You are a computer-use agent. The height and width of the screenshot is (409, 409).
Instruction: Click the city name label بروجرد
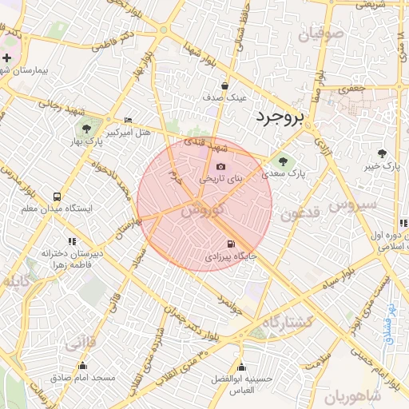[x=280, y=118]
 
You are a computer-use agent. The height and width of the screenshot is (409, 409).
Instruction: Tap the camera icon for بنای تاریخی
[x=220, y=167]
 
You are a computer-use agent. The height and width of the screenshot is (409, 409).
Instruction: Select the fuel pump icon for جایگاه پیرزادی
[x=231, y=245]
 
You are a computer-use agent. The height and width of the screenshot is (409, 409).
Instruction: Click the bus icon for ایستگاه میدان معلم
[x=57, y=197]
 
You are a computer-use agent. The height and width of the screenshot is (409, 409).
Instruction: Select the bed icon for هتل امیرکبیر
[x=129, y=120]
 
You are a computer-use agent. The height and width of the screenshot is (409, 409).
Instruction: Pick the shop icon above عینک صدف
[x=224, y=85]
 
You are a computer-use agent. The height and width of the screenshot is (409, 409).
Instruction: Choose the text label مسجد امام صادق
[x=89, y=376]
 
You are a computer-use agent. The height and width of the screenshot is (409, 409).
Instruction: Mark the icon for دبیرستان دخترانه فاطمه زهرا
[x=72, y=240]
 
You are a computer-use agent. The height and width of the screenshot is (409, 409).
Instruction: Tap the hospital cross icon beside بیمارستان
[x=7, y=58]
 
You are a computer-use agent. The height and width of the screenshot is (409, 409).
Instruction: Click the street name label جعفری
[x=352, y=89]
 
